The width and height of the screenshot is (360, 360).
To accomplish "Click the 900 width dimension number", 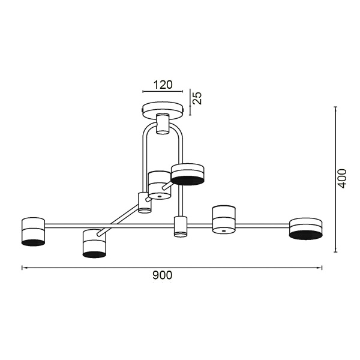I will tap(162, 275).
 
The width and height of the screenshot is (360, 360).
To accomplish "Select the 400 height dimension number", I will tap(342, 178).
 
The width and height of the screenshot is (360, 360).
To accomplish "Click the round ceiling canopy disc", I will tap(162, 109).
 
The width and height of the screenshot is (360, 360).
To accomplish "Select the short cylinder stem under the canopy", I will tap(162, 124).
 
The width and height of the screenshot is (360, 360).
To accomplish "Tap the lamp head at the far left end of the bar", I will tap(33, 231).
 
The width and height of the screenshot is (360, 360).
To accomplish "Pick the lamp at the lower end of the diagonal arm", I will tap(94, 243).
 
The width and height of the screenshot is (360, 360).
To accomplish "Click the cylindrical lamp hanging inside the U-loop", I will tap(160, 185).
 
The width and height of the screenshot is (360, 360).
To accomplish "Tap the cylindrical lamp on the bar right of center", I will tap(224, 220).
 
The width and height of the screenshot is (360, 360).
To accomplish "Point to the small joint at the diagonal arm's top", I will tap(145, 202).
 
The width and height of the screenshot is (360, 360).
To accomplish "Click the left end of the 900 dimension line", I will tap(23, 268).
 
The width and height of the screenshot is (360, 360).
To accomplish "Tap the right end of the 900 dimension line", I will tap(322, 268).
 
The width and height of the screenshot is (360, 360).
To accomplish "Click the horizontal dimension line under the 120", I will tap(162, 92).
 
